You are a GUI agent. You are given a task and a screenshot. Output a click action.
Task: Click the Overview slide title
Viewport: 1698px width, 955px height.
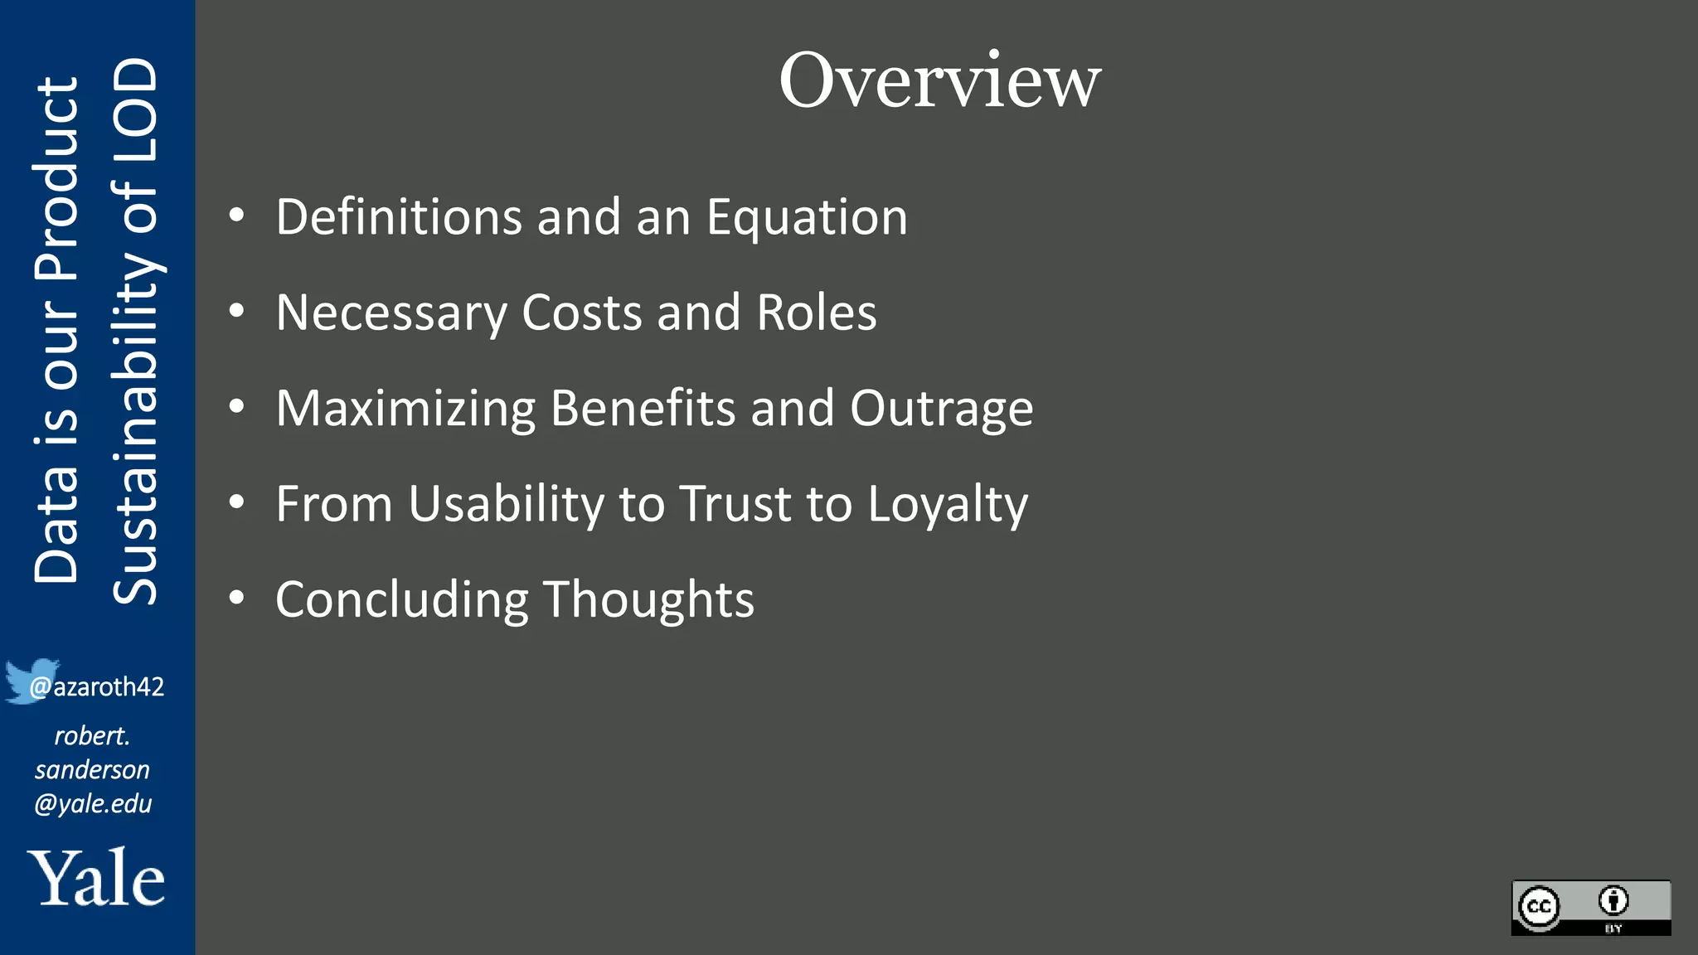pos(939,80)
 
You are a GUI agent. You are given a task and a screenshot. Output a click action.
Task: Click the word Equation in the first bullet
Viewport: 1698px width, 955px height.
pos(807,217)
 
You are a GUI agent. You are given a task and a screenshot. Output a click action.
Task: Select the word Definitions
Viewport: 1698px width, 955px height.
pos(399,217)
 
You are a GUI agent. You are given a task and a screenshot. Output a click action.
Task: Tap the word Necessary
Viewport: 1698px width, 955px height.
pos(391,313)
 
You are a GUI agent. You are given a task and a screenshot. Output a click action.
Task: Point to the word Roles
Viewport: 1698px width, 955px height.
pos(816,313)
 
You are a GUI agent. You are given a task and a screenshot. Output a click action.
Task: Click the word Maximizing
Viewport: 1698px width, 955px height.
pos(405,409)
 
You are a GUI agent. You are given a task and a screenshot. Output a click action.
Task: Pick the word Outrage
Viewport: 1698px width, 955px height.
pos(941,409)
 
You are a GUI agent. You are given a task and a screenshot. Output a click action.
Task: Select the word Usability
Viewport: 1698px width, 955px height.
pos(507,504)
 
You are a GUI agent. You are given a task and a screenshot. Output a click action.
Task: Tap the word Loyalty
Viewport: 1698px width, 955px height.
pos(947,504)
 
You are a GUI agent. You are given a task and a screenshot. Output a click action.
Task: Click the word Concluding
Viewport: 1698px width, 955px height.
pos(401,600)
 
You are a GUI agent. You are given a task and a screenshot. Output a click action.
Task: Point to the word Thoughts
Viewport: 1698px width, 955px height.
pos(648,599)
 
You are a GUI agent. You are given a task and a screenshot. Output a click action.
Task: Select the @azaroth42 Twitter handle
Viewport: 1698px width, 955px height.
pos(98,687)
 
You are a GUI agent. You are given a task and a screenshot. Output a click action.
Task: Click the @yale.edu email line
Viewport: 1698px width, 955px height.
pos(93,803)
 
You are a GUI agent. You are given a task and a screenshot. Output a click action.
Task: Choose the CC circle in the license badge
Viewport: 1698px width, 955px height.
pos(1540,906)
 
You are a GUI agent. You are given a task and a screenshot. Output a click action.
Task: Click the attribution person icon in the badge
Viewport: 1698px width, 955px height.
pos(1613,900)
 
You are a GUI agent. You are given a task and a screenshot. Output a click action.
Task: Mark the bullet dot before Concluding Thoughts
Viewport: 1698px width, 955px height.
pos(237,597)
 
